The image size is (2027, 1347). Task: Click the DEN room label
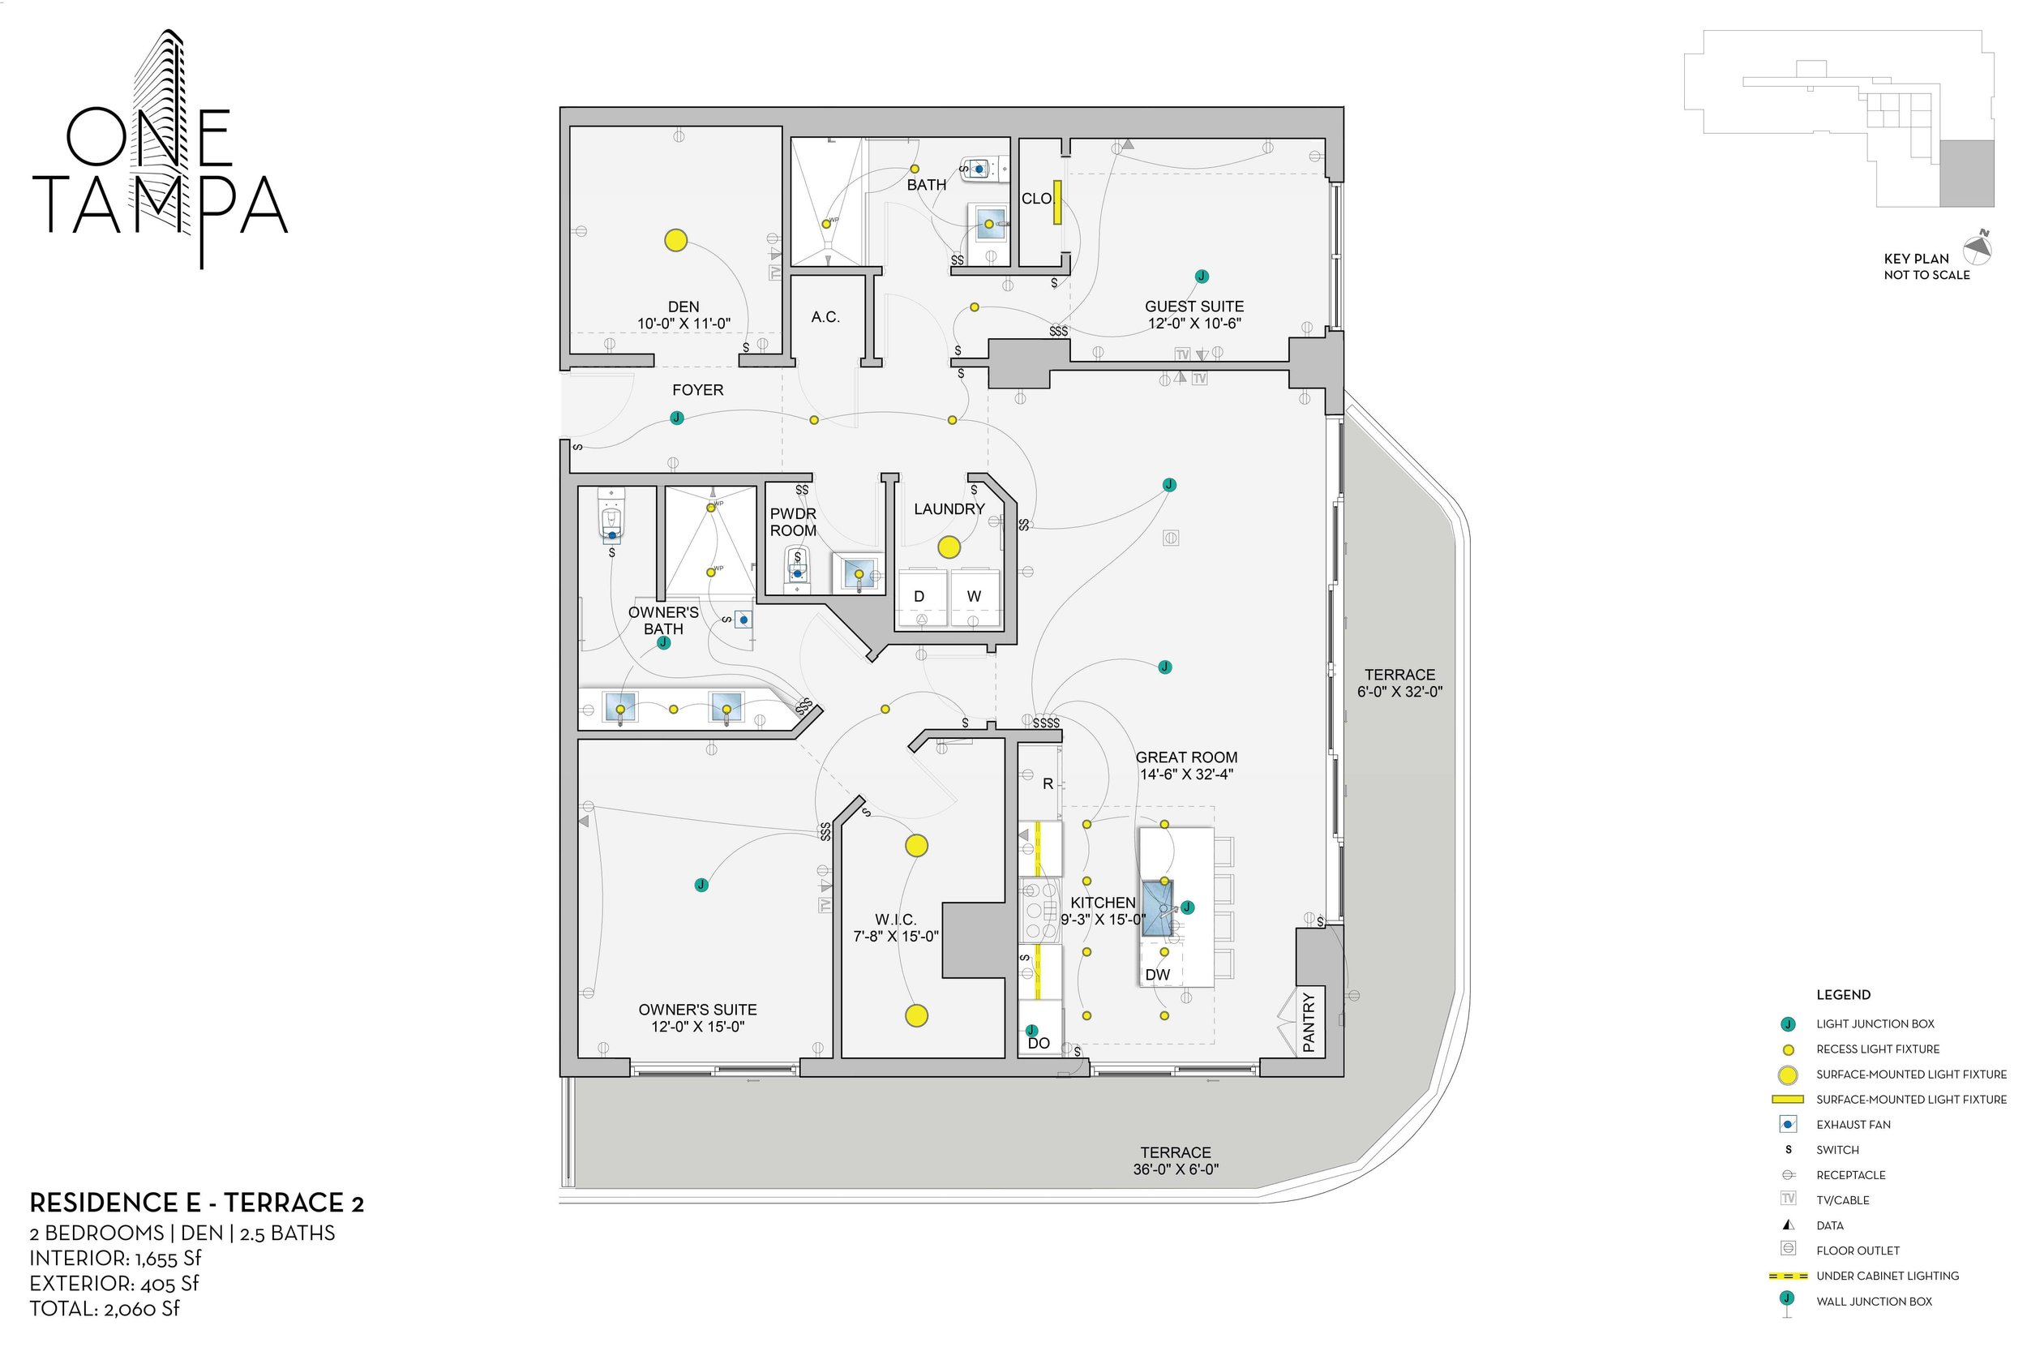tap(684, 307)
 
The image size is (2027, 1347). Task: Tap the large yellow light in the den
tap(676, 241)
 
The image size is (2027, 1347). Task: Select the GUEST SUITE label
tap(1193, 307)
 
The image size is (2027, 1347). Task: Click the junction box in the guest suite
tap(1202, 277)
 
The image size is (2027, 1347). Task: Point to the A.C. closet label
tap(825, 317)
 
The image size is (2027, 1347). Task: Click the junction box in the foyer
tap(677, 418)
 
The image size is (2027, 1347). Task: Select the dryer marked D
tap(919, 596)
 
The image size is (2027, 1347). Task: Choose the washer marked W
tap(973, 596)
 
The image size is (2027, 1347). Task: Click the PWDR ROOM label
tap(793, 522)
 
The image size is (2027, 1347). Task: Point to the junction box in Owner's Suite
tap(701, 885)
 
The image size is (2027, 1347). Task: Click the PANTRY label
tap(1309, 1023)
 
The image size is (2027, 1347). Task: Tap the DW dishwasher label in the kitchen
tap(1157, 975)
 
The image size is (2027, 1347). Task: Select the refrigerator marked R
tap(1048, 783)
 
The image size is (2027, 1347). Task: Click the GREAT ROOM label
tap(1186, 757)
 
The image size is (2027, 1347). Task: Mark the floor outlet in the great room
tap(1171, 538)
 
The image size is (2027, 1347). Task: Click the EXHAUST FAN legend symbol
tap(1789, 1125)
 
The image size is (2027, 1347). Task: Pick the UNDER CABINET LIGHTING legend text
tap(1887, 1276)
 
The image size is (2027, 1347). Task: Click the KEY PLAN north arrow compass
tap(1978, 249)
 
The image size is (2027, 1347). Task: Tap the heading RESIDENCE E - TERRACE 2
tap(197, 1203)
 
